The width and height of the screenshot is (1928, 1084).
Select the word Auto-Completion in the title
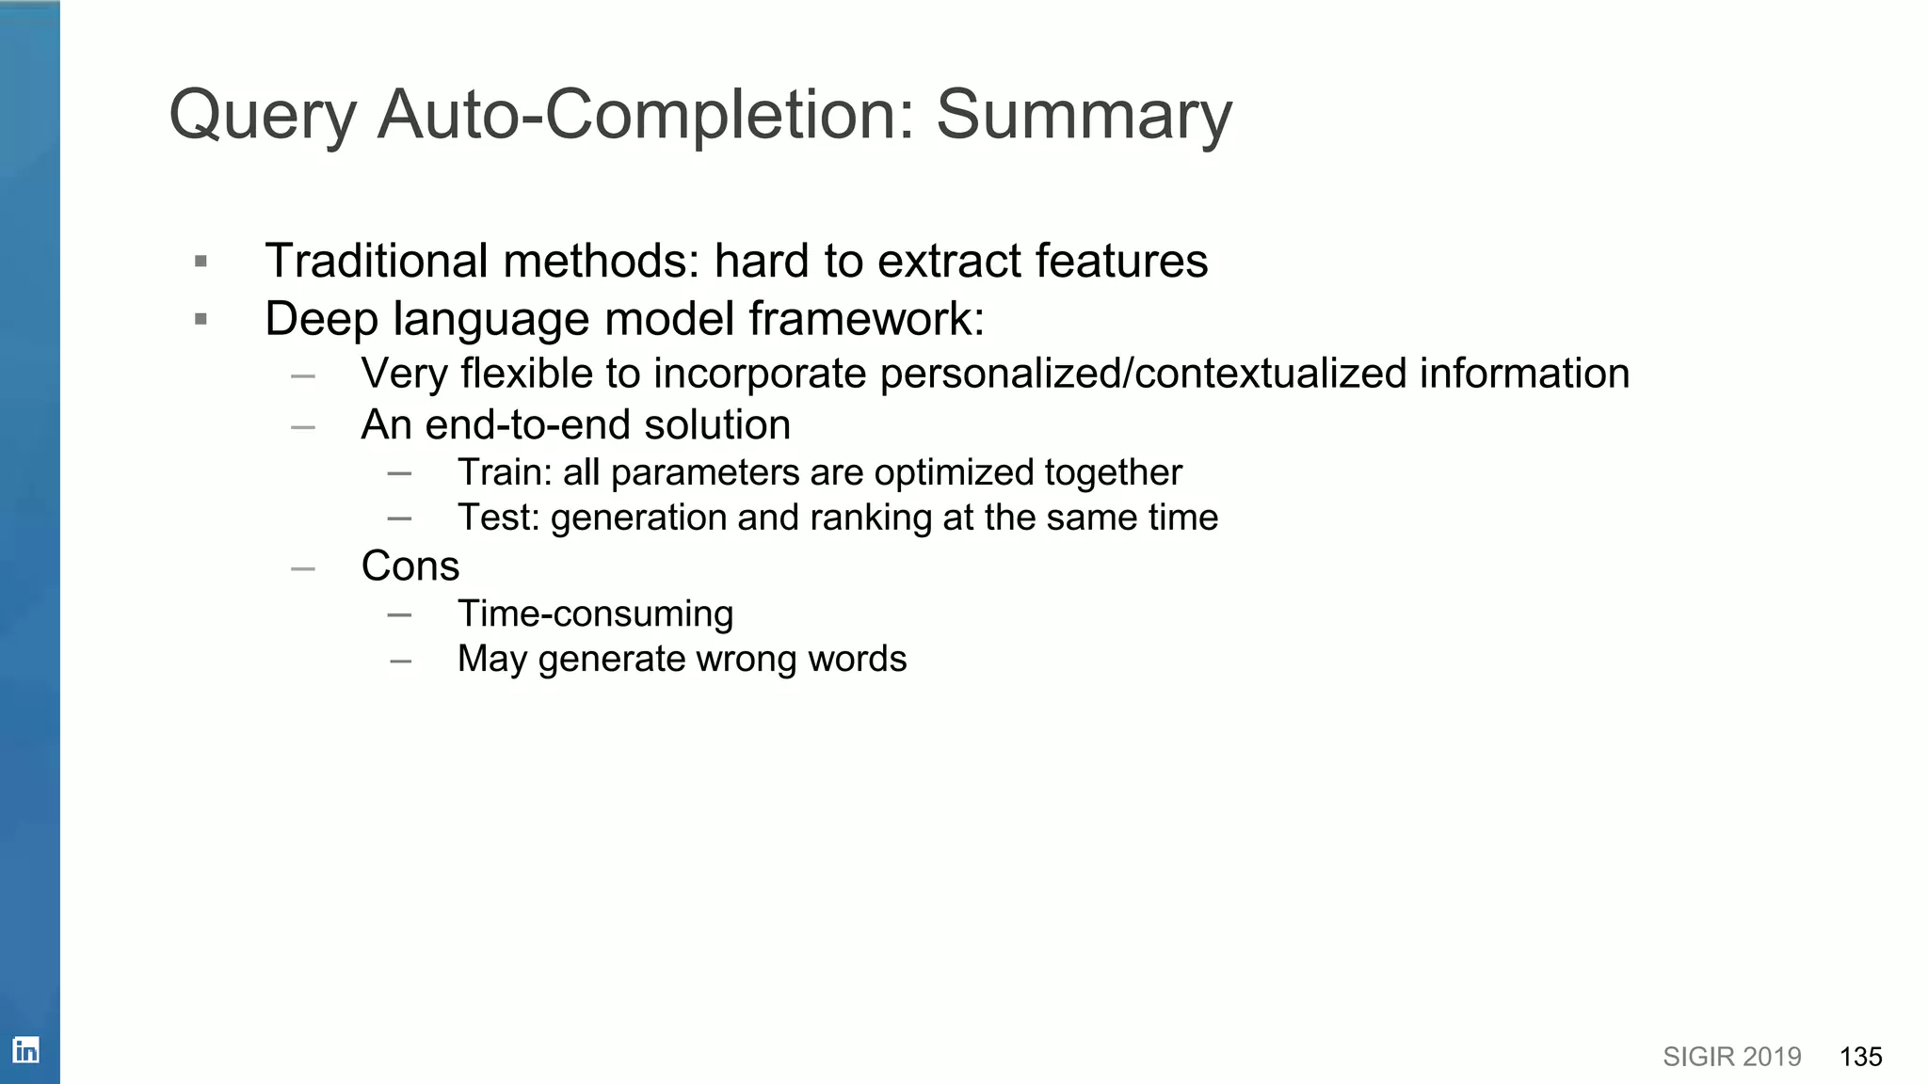(x=646, y=115)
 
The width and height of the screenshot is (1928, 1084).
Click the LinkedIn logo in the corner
(x=25, y=1049)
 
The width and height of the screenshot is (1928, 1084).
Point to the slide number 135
(x=1860, y=1057)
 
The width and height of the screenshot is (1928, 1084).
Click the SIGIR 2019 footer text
(x=1731, y=1057)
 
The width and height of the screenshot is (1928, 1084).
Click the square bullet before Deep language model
(x=201, y=320)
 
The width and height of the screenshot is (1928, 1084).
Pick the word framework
(x=866, y=318)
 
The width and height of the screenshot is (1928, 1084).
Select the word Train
(x=498, y=472)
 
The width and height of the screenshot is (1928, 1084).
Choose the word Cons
(x=410, y=566)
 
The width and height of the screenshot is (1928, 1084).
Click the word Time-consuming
(x=595, y=614)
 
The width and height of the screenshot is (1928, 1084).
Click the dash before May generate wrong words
(x=400, y=662)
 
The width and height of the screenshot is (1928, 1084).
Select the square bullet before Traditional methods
(x=201, y=262)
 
